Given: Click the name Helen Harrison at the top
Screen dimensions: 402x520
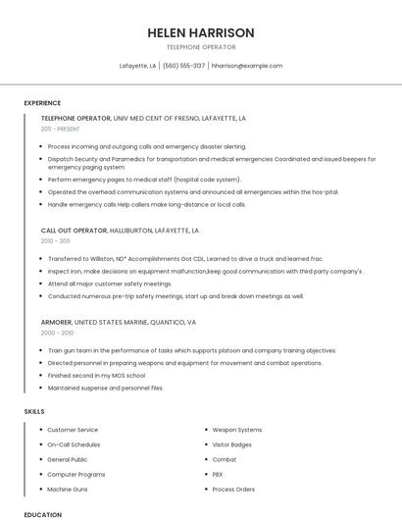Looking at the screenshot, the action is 200,32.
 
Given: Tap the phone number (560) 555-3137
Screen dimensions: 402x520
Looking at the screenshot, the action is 183,66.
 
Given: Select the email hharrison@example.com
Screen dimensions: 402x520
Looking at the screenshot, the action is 247,66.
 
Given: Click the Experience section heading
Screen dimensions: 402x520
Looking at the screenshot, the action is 42,103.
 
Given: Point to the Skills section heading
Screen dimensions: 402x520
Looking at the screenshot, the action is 34,411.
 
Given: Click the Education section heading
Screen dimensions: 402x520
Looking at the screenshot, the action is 42,514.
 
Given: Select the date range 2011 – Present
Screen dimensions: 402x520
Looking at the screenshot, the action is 60,129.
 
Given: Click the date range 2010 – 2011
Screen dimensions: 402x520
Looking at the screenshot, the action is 55,240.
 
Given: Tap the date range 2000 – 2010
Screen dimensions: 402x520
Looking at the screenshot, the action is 56,333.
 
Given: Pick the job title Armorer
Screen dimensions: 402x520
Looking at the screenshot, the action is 56,322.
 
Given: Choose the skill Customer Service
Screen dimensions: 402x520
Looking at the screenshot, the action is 73,430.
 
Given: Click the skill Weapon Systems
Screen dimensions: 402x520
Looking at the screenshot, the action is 237,430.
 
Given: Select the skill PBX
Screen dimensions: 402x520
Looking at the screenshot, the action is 218,474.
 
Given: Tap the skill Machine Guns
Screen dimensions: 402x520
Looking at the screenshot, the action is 68,489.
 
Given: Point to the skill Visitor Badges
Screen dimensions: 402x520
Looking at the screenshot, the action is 232,444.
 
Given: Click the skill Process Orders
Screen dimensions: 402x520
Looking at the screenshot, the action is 233,489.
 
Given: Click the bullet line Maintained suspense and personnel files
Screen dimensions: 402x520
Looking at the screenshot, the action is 105,388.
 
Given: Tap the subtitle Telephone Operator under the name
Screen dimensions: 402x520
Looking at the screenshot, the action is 200,46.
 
